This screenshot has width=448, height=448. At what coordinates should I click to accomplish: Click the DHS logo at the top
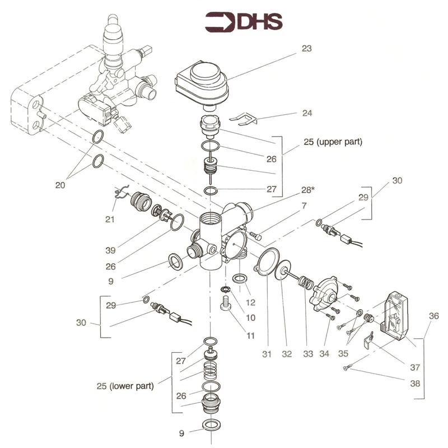244,22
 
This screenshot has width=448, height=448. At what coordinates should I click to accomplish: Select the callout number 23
306,48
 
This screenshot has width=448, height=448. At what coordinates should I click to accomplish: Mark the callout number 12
250,302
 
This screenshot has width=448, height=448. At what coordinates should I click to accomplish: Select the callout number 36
434,316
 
